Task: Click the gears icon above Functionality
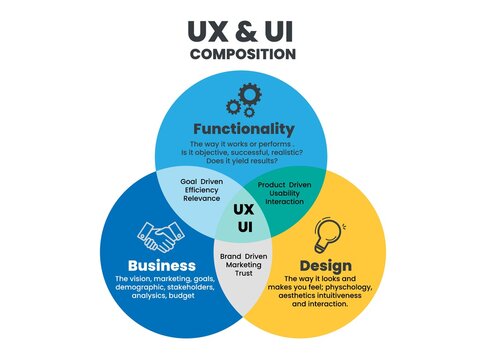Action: click(x=243, y=98)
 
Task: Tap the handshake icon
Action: click(x=160, y=236)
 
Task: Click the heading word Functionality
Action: click(x=243, y=129)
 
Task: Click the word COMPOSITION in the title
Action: click(x=243, y=54)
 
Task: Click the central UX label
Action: click(x=243, y=209)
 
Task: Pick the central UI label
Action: click(x=243, y=228)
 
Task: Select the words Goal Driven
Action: click(x=201, y=181)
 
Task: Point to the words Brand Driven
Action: click(x=243, y=258)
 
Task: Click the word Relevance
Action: click(x=201, y=199)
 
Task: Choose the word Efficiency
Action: click(x=201, y=190)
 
